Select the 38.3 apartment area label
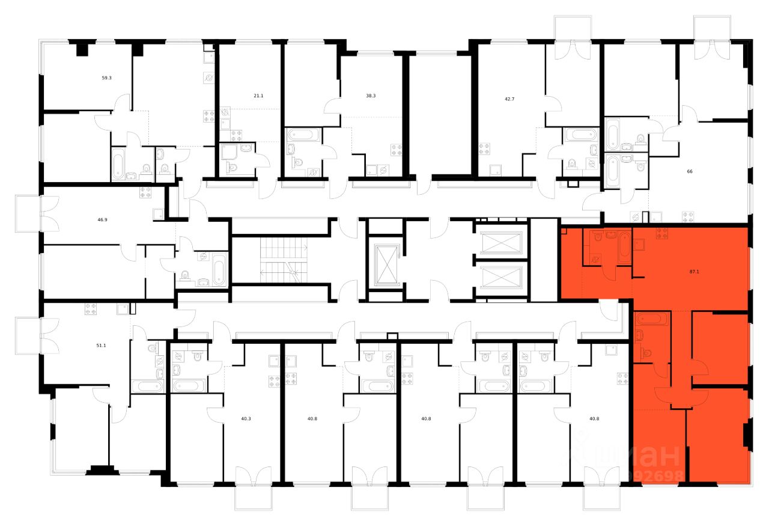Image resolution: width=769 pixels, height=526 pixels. [371, 96]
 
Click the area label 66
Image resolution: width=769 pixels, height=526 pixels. [690, 171]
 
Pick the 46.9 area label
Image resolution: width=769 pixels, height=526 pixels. [102, 220]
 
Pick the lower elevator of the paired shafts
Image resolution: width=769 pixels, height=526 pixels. [500, 278]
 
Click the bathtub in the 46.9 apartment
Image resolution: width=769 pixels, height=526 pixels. [219, 271]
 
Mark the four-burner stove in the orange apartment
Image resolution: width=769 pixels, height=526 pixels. [662, 233]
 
